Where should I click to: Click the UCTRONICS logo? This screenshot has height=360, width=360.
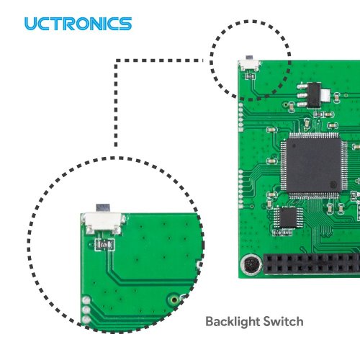click(x=78, y=24)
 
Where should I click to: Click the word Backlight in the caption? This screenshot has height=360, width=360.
click(x=233, y=322)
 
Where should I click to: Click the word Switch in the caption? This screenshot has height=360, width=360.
click(x=283, y=321)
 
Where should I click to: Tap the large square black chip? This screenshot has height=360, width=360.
click(x=314, y=166)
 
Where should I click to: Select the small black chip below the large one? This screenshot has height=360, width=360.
click(x=288, y=217)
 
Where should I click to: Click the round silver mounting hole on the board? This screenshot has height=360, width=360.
click(x=251, y=264)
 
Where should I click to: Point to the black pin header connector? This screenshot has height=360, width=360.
click(x=312, y=264)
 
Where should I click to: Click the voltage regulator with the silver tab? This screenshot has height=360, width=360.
click(x=313, y=95)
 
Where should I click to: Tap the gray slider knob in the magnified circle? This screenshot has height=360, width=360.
click(x=103, y=207)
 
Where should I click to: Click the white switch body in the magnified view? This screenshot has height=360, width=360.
click(x=103, y=222)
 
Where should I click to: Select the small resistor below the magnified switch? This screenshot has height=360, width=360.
click(x=104, y=245)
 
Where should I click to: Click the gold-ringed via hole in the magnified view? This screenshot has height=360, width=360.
click(x=174, y=300)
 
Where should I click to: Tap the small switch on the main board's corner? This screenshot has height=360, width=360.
click(x=250, y=64)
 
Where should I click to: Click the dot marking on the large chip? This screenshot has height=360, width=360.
click(x=333, y=184)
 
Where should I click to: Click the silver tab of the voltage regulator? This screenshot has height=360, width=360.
click(x=325, y=95)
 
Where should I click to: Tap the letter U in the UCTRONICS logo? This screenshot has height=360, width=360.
click(x=31, y=24)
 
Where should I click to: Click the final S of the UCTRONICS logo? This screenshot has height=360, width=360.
click(x=125, y=24)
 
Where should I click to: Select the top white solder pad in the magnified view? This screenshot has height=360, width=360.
click(x=86, y=300)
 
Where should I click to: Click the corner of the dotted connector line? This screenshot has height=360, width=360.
click(x=116, y=60)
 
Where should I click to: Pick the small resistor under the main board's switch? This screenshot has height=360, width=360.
click(x=250, y=76)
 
